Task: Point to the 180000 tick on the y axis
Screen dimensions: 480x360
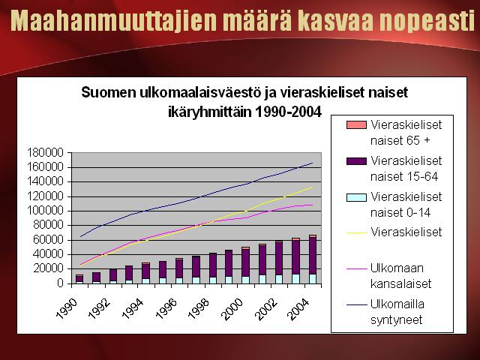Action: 45,152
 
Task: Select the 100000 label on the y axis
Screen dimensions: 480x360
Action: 45,211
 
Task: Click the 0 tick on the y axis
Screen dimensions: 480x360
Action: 60,283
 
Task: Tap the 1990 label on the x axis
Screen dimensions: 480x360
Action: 67,308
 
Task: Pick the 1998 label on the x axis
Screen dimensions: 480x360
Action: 199,308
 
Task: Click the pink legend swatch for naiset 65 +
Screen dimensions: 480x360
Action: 356,125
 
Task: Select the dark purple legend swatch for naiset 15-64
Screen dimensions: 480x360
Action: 356,161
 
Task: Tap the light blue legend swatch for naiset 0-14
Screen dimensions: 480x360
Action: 356,197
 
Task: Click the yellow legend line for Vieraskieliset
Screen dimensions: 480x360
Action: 356,233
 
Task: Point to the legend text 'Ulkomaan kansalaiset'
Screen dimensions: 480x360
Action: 400,276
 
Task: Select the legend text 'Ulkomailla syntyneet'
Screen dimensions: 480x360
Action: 397,312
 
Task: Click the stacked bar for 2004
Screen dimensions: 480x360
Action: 313,259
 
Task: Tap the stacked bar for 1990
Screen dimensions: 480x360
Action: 79,279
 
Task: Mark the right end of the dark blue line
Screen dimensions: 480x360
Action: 313,163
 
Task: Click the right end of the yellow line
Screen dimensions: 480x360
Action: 313,187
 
